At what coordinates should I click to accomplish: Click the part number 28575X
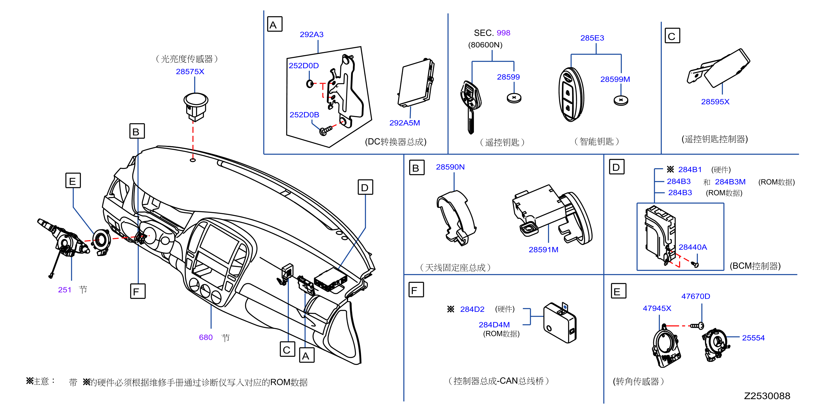[x=190, y=71]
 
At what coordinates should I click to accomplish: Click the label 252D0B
[x=304, y=114]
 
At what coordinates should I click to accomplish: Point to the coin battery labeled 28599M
[x=621, y=100]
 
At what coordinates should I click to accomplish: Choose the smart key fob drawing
[x=571, y=94]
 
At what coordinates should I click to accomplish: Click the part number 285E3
[x=592, y=38]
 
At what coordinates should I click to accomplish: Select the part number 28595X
[x=715, y=102]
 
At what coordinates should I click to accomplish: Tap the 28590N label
[x=450, y=167]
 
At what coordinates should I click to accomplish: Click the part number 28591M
[x=543, y=250]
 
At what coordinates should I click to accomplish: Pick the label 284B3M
[x=730, y=182]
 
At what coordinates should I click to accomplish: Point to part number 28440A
[x=692, y=247]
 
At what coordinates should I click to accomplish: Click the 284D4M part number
[x=494, y=325]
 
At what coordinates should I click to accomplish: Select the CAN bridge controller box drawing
[x=560, y=323]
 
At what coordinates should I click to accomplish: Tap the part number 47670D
[x=696, y=296]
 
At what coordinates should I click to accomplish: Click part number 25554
[x=753, y=338]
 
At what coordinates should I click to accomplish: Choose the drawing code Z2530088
[x=767, y=396]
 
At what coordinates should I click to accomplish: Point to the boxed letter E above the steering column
[x=73, y=180]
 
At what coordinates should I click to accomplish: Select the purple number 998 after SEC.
[x=503, y=33]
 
